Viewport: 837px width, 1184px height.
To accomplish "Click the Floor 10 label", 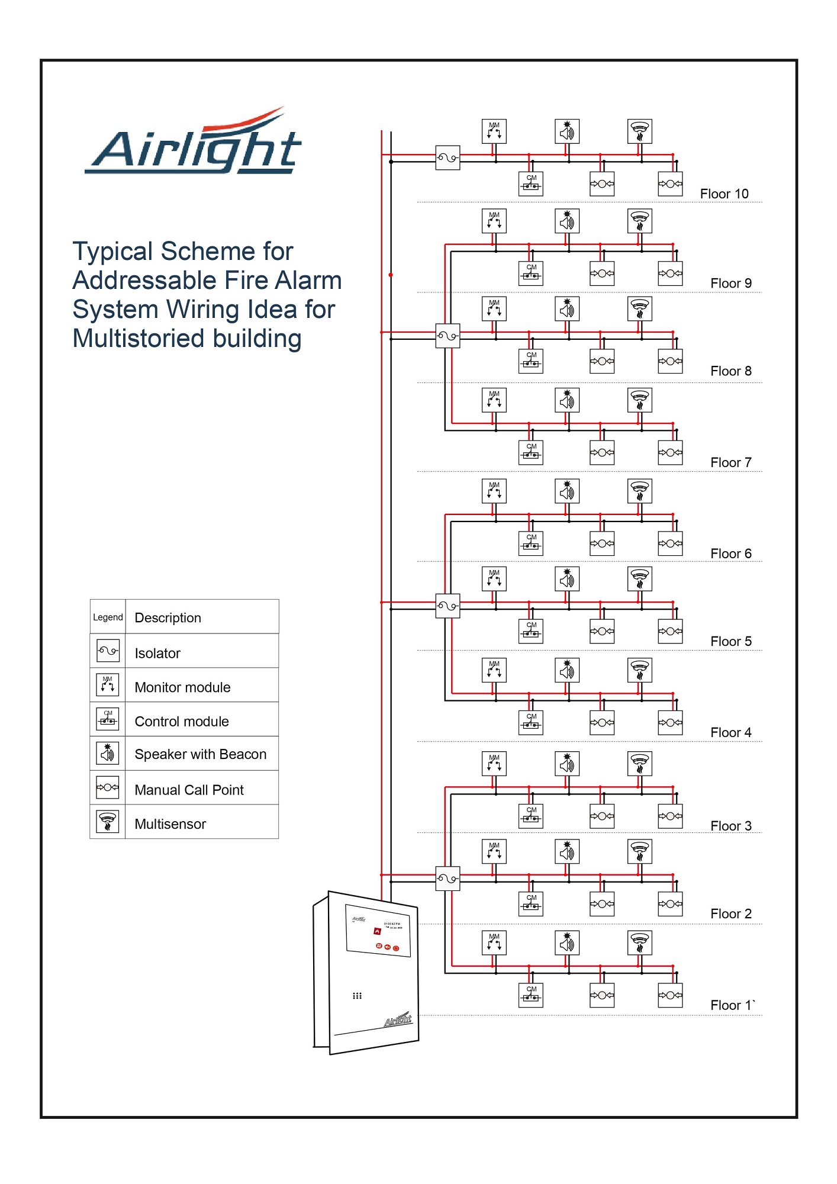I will coord(723,194).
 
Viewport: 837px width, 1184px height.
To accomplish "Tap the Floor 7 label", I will coord(730,463).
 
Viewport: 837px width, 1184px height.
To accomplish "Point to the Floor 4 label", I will coord(730,733).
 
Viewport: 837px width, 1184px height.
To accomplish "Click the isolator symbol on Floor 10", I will coord(448,158).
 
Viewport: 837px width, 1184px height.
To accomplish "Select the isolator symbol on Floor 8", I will coord(448,336).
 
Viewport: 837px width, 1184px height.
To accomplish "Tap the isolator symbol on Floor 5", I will coord(448,606).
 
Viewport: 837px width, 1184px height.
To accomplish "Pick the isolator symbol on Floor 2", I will coord(448,879).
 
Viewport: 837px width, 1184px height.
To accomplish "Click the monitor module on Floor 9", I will coord(494,221).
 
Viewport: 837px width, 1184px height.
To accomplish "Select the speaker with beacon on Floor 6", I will coord(567,491).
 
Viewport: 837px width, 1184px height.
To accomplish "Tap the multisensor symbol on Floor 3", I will coord(640,764).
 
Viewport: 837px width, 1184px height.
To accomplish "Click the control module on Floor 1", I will coord(531,995).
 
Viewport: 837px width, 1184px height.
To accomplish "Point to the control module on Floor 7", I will coord(531,453).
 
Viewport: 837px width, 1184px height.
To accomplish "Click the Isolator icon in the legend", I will coord(108,651).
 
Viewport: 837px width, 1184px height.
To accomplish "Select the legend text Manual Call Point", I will coord(189,790).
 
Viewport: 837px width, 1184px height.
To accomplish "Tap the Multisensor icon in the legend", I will coord(108,822).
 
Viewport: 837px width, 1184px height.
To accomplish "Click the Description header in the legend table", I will coord(168,618).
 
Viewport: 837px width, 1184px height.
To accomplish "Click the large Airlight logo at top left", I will coord(194,145).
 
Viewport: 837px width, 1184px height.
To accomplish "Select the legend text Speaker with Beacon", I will coord(200,755).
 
